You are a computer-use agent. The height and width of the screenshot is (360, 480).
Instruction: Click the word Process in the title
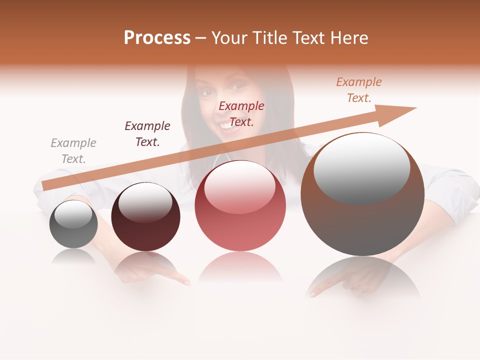coord(157,38)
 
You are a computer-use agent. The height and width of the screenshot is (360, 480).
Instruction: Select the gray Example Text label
coord(73,151)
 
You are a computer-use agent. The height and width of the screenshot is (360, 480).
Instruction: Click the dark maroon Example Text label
coord(147,134)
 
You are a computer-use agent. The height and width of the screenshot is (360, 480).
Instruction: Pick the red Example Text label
coord(241,114)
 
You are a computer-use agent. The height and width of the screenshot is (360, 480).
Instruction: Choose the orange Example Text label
coord(358,90)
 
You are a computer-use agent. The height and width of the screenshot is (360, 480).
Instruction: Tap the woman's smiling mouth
coord(230,125)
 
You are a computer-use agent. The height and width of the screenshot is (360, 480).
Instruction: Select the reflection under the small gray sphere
coord(73,256)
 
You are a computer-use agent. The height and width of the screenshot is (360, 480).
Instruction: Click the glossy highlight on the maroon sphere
coord(145,202)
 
